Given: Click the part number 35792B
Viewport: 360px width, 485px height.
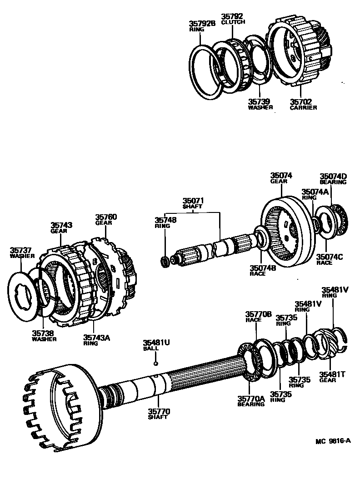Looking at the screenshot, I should [x=202, y=23].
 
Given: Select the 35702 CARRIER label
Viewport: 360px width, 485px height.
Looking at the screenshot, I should [x=303, y=105].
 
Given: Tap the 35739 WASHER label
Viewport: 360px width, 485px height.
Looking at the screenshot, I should [x=260, y=105].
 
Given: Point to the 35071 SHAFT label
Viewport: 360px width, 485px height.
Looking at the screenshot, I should [x=193, y=203].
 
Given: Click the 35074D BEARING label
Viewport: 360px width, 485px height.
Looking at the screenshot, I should [x=333, y=179].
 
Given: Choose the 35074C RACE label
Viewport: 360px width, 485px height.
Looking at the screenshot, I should [x=330, y=260].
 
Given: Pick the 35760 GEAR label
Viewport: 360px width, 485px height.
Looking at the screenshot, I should [x=106, y=220].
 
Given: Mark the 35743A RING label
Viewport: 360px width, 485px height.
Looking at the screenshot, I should [x=96, y=340].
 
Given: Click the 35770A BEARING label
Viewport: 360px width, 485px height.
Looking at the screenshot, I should [x=250, y=401].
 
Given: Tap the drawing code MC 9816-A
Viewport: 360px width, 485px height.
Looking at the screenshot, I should [x=334, y=441].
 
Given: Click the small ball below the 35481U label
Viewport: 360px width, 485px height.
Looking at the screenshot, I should [x=155, y=363].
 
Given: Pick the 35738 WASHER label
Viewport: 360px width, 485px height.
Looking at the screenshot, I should [x=44, y=336].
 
